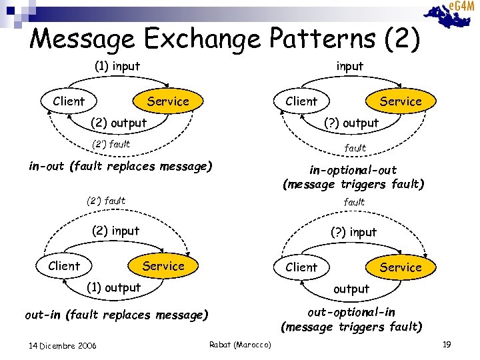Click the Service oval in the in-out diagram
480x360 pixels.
point(168,101)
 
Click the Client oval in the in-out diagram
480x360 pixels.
point(69,101)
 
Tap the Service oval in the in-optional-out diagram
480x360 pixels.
point(400,101)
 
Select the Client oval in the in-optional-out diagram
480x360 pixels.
point(301,101)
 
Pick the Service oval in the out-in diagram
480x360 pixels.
point(163,266)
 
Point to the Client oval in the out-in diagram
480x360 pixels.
point(64,266)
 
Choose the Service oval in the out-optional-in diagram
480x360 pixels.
point(400,267)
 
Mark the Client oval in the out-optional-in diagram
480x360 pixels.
point(301,267)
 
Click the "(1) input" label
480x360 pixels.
point(116,66)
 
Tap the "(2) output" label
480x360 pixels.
point(118,123)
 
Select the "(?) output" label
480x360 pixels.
point(351,123)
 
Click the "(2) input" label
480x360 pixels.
point(115,231)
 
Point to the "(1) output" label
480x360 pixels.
point(113,287)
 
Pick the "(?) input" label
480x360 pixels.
point(353,232)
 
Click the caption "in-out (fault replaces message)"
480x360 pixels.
point(120,166)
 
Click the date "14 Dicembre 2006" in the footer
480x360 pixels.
point(63,345)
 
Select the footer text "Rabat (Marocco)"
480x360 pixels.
point(240,344)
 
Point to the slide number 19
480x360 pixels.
point(447,344)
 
